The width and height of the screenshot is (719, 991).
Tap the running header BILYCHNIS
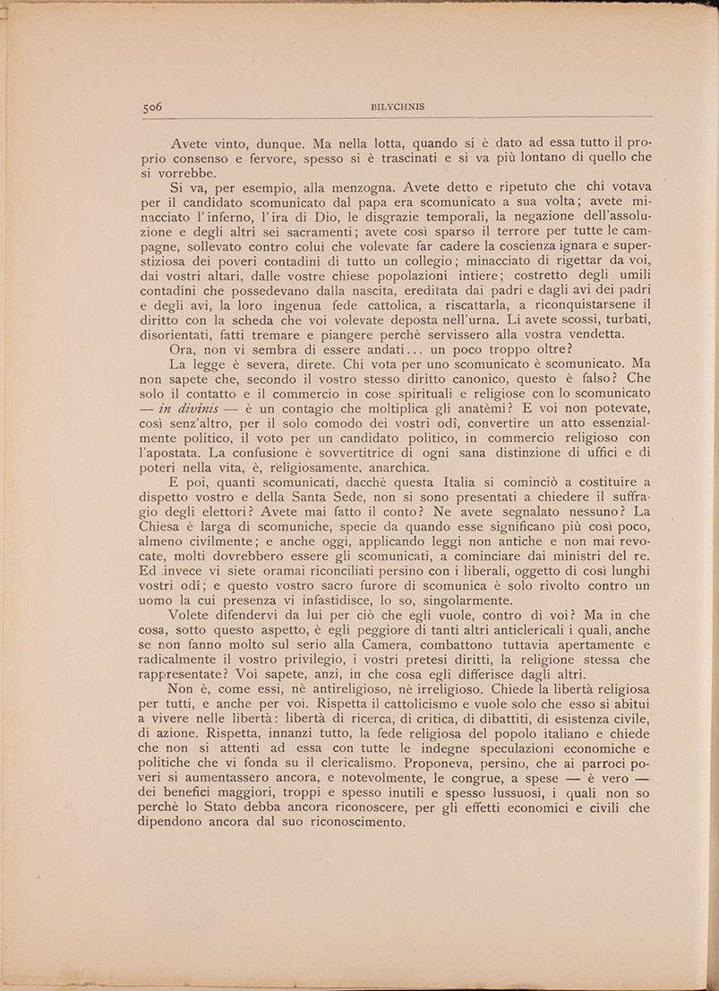[x=397, y=106]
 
